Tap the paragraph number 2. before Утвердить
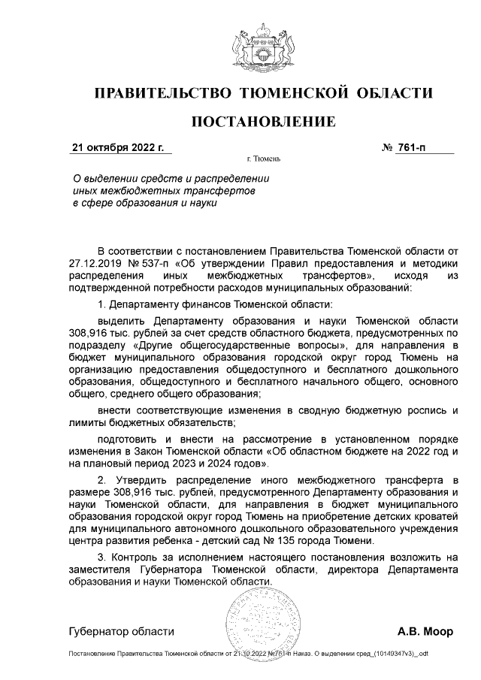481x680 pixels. point(104,479)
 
